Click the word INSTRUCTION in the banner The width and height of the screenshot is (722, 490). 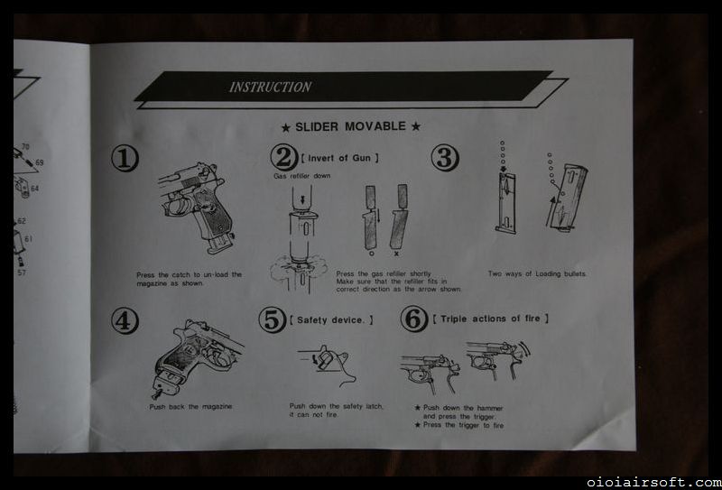coord(270,87)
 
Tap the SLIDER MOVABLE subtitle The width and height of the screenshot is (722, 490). coord(350,126)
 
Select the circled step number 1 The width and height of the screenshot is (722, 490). coord(125,158)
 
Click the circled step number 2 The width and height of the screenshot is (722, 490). coord(283,157)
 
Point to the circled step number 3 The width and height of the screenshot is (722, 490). coord(444,158)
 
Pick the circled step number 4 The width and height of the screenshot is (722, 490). coord(125,320)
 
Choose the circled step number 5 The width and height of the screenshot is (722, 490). coord(273,319)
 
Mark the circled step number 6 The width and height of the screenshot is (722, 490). coord(414,319)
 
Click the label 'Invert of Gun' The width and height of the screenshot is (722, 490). coord(340,158)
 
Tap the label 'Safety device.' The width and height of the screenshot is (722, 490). coord(331,320)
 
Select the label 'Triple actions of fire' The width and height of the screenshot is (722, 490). coord(491,319)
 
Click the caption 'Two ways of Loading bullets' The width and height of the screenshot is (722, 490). coord(537,274)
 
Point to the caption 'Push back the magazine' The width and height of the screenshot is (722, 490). coord(190,407)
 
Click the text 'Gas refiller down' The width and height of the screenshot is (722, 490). coord(302,176)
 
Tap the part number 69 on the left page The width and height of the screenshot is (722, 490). coord(39,162)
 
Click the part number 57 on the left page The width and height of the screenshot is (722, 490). coord(22,273)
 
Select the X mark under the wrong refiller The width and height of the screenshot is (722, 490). coord(396,254)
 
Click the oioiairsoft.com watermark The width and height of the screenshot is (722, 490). coord(653,483)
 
